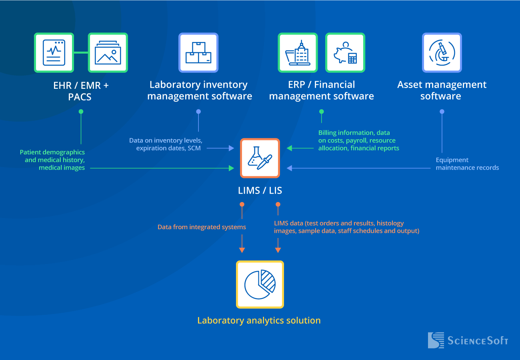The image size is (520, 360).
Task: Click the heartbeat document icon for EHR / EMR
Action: [x=54, y=53]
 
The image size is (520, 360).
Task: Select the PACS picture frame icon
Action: [x=108, y=53]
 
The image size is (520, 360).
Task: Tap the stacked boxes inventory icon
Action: [x=198, y=53]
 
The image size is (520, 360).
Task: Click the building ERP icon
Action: [x=298, y=53]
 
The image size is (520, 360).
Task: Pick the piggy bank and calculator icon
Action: [x=345, y=53]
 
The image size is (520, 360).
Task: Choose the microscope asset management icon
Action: [x=442, y=53]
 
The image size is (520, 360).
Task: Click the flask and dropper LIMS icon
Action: [x=260, y=158]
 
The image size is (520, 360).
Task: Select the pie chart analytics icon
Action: [x=260, y=284]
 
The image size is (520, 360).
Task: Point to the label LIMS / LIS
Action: [x=260, y=191]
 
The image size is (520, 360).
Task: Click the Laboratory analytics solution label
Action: [x=259, y=320]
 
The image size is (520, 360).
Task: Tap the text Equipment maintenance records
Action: [x=467, y=164]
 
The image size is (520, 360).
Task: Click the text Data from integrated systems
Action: [x=202, y=227]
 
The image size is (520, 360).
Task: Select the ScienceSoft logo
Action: [x=468, y=340]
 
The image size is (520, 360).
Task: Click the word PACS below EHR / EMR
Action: [x=80, y=97]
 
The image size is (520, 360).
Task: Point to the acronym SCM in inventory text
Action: [x=194, y=148]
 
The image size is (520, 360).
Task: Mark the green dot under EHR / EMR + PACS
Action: [x=81, y=112]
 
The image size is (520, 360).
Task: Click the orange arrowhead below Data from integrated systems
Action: [x=242, y=250]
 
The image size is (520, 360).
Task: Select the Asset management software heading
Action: [x=441, y=90]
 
